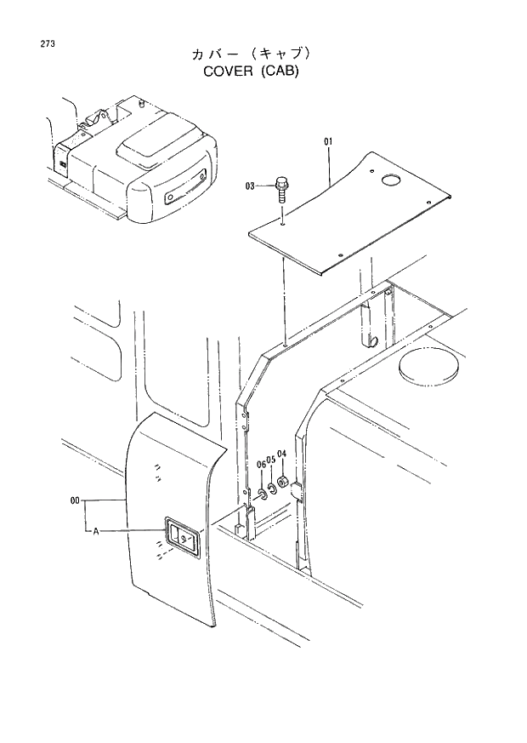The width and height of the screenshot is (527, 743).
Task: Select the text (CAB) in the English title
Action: [280, 71]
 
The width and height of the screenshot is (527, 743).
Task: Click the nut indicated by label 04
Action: [283, 484]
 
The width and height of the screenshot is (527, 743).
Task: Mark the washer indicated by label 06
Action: [262, 494]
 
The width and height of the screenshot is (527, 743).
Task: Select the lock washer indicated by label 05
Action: [272, 489]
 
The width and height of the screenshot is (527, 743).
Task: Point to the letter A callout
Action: [96, 531]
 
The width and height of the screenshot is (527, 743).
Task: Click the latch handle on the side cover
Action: [183, 538]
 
